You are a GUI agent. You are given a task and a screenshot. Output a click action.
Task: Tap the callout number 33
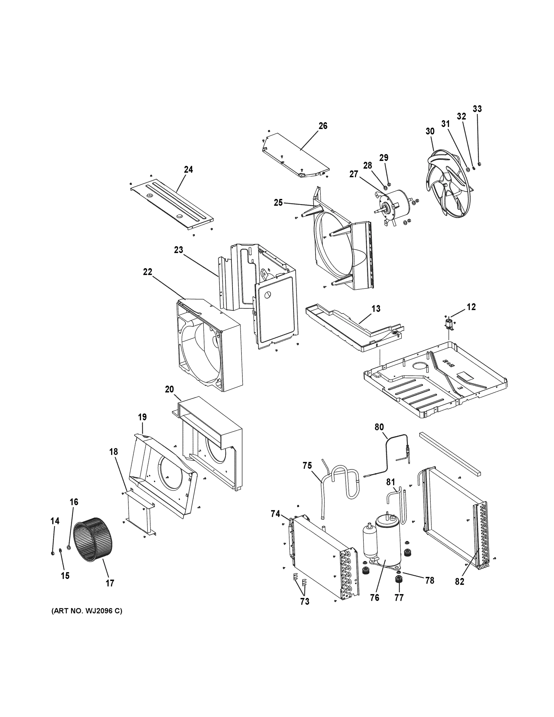pyautogui.click(x=477, y=109)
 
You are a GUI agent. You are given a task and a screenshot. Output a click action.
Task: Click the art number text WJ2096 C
pyautogui.click(x=87, y=611)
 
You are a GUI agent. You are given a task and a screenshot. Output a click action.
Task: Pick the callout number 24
pyautogui.click(x=188, y=169)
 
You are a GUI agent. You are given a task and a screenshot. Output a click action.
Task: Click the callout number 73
pyautogui.click(x=305, y=601)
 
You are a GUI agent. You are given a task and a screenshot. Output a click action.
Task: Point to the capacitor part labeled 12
pyautogui.click(x=449, y=323)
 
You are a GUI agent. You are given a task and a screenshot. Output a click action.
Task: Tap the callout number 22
pyautogui.click(x=148, y=272)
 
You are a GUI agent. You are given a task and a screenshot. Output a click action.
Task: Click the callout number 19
pyautogui.click(x=142, y=417)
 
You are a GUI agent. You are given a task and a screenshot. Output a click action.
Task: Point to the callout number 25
pyautogui.click(x=278, y=203)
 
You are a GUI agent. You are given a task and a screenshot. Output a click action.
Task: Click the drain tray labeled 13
pyautogui.click(x=355, y=332)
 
